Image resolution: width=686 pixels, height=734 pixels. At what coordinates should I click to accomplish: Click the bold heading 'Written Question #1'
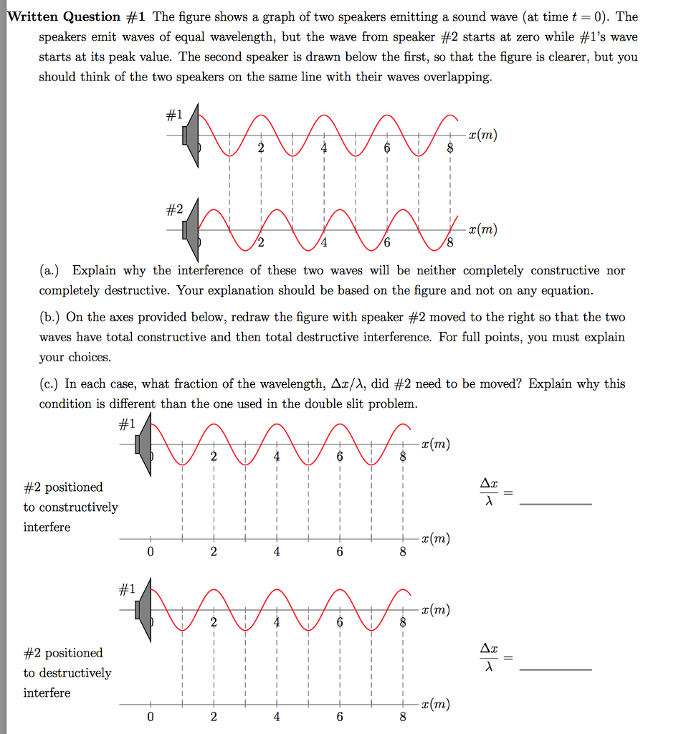pos(64,16)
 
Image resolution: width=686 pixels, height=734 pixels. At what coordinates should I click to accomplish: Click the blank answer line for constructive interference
pos(556,504)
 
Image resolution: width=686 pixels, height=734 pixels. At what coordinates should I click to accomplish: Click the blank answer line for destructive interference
pos(556,669)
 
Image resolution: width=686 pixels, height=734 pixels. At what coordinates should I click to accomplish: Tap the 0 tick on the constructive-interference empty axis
pos(150,552)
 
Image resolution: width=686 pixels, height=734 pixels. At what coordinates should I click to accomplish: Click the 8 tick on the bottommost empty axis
pos(403,717)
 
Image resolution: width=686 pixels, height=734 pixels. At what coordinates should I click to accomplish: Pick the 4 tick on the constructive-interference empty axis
pos(277,552)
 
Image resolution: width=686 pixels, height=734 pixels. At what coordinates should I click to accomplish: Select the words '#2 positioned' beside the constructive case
pos(63,487)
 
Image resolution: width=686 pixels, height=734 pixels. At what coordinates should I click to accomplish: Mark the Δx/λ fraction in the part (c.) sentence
pos(348,384)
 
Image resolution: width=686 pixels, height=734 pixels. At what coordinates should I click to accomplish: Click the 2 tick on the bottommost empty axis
pos(213,717)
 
